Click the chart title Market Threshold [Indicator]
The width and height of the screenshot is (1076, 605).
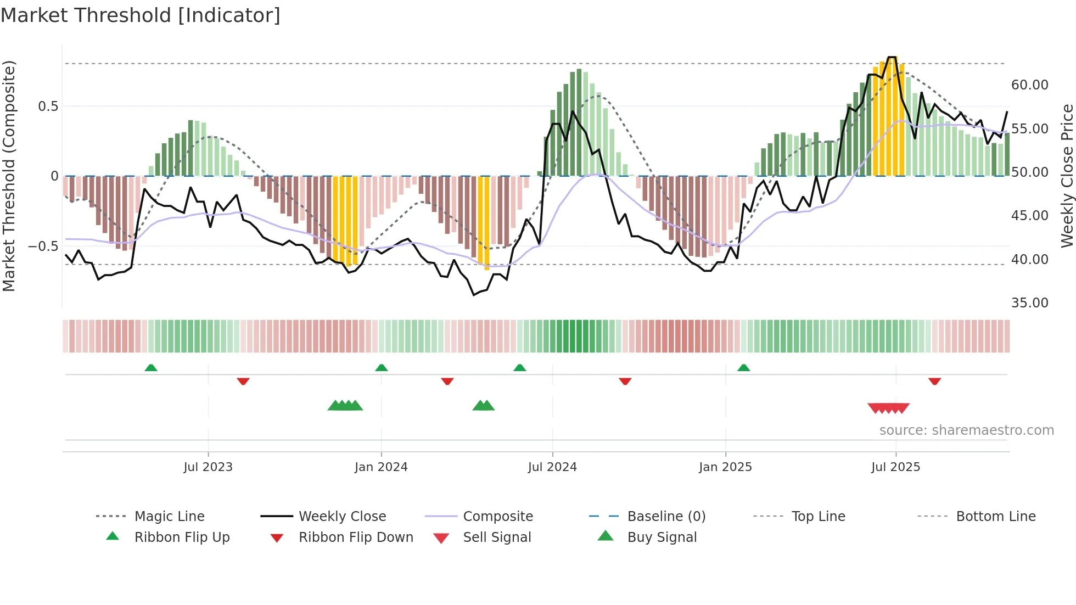click(x=141, y=15)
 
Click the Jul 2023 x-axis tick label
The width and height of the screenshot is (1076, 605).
click(x=208, y=467)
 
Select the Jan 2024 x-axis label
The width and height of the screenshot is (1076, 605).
click(x=381, y=467)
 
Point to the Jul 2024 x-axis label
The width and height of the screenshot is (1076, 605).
click(x=552, y=467)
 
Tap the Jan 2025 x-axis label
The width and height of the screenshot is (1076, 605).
click(x=725, y=467)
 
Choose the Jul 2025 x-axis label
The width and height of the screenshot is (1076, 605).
click(x=895, y=467)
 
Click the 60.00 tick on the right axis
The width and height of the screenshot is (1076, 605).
click(x=1029, y=85)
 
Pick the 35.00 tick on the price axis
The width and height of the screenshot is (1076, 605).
click(x=1029, y=303)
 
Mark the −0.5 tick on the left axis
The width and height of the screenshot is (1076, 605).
click(x=43, y=246)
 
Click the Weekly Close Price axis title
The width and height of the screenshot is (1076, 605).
click(x=1067, y=176)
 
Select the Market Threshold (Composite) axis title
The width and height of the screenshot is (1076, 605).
click(x=9, y=176)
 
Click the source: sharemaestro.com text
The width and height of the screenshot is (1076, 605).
click(x=966, y=430)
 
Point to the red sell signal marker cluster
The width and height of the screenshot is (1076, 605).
click(x=888, y=408)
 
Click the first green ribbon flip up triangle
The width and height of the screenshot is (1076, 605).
click(x=151, y=367)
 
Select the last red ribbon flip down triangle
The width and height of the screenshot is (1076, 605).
click(x=934, y=381)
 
